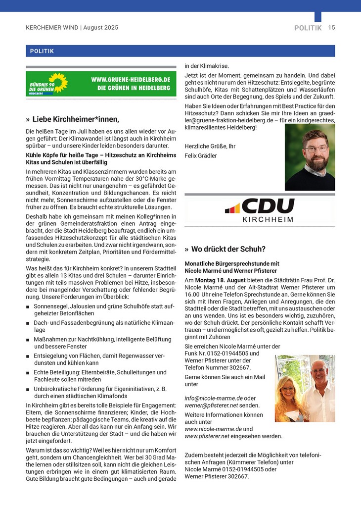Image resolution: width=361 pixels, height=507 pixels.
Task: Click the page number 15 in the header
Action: click(331, 28)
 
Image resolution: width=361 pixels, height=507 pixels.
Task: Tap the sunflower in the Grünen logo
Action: click(58, 82)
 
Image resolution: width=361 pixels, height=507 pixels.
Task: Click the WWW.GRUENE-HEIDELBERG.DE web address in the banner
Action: click(131, 79)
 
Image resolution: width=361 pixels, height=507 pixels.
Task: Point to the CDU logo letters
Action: click(268, 205)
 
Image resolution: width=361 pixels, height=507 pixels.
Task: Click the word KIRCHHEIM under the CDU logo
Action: click(268, 219)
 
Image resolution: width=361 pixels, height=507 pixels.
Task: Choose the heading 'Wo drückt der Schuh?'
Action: click(228, 249)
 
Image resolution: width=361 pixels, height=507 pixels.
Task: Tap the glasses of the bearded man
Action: click(315, 148)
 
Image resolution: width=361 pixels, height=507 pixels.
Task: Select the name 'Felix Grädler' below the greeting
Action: click(201, 156)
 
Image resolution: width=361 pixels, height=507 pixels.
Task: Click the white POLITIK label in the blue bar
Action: click(42, 51)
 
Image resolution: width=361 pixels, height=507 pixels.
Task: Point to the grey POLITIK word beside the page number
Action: click(308, 28)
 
